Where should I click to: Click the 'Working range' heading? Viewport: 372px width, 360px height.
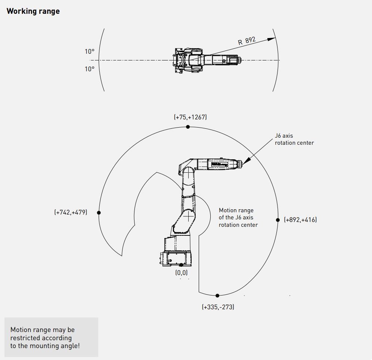pos(33,11)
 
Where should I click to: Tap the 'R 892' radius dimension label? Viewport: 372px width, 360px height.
pos(247,41)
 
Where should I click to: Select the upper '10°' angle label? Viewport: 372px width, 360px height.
pos(90,51)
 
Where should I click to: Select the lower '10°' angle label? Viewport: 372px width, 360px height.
pos(90,69)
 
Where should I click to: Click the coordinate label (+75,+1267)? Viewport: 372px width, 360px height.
pos(190,117)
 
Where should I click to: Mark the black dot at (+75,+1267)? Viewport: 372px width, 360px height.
pos(188,127)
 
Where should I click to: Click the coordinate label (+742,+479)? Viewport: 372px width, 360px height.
pos(71,212)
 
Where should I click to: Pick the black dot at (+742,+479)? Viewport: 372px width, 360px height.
pos(99,213)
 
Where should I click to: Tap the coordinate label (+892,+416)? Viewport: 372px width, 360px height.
pos(300,220)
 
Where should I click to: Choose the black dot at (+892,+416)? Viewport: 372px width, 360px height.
pos(278,220)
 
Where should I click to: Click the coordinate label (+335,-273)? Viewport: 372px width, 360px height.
pos(218,307)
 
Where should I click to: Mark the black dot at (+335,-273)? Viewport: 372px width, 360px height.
pos(217,296)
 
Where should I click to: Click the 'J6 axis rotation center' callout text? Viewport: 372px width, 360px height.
pos(294,139)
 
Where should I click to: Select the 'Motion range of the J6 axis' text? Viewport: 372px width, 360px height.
pos(238,217)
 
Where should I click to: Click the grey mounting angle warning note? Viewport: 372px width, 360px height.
pos(51,337)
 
